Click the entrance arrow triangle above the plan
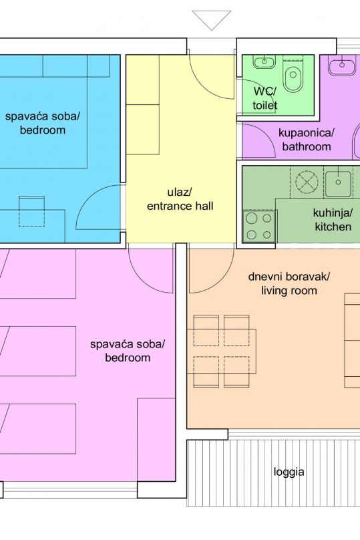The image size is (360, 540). click(211, 19)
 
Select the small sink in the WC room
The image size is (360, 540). click(264, 61)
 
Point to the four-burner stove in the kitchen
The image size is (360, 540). click(259, 226)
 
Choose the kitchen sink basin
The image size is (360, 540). click(339, 184)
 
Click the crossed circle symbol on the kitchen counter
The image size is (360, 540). click(307, 182)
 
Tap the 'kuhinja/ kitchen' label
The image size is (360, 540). click(333, 220)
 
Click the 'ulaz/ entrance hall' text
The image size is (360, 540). click(180, 199)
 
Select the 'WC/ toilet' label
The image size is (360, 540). click(265, 98)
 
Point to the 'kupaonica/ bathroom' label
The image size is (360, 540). click(307, 140)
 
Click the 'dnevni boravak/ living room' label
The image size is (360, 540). click(289, 283)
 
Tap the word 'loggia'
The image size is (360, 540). click(289, 471)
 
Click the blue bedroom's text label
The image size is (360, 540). click(42, 123)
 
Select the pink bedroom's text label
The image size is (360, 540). click(128, 351)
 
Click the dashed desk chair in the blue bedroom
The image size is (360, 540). click(31, 211)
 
